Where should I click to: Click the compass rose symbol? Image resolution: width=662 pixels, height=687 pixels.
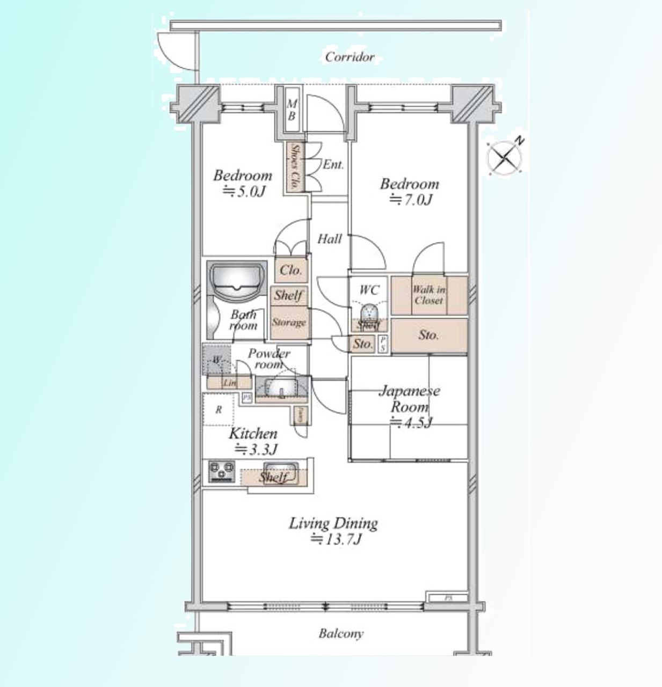pos(505,157)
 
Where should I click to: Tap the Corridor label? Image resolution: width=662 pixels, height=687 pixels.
pos(350,57)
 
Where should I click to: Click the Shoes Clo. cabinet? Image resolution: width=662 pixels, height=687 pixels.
pos(295,167)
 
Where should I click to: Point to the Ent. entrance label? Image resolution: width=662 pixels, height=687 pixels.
pos(333,165)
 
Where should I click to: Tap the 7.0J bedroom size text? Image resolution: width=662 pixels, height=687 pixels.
pos(411,200)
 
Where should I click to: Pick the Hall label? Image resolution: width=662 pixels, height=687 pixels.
pos(329,239)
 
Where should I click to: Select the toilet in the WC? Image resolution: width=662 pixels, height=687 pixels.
pos(369,312)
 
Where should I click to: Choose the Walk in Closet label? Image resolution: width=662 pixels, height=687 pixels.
pos(428,295)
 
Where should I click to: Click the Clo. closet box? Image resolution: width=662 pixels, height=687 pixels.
pos(291,270)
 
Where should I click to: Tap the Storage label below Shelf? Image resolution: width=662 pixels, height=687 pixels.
pos(289,323)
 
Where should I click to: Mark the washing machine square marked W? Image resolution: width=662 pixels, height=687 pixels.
pos(216,360)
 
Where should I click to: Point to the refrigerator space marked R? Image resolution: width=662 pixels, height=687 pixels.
pos(219,410)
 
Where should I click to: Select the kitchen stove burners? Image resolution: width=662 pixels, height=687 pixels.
pos(222,471)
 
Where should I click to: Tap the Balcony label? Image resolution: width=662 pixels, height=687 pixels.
pos(341,634)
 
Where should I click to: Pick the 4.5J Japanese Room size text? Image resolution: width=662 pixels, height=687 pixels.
pos(411,422)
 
